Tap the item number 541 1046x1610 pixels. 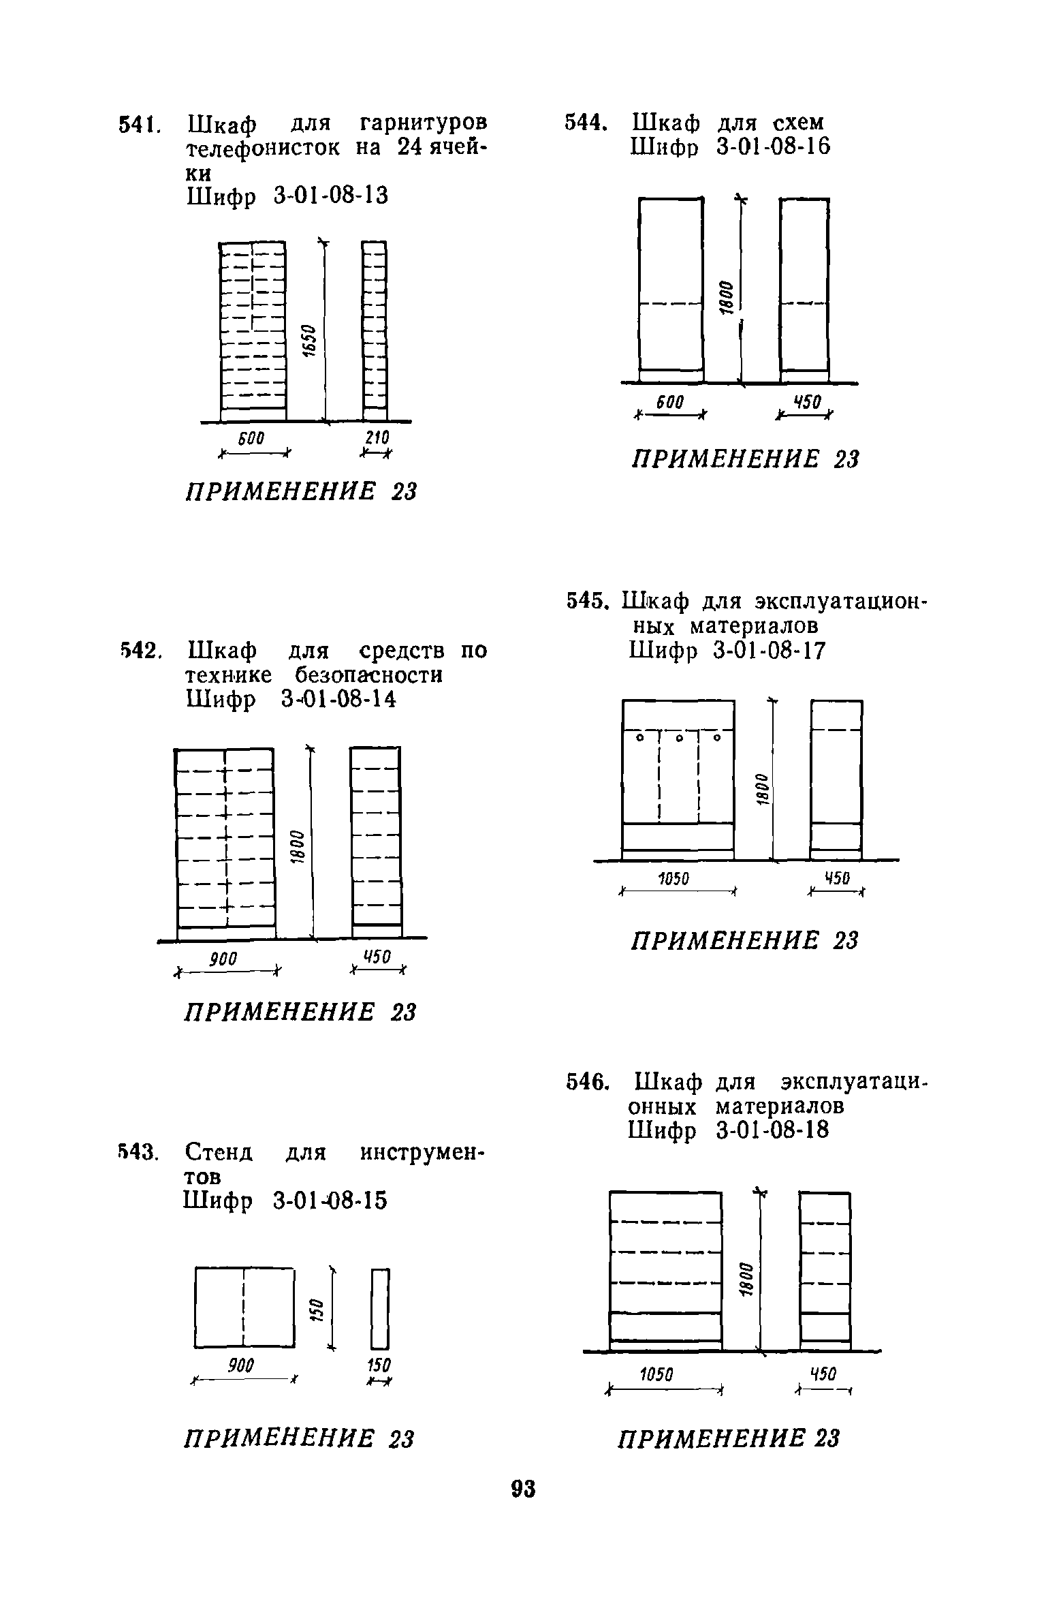pyautogui.click(x=138, y=125)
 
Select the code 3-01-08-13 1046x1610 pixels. pyautogui.click(x=330, y=196)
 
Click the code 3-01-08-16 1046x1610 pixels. pyautogui.click(x=774, y=147)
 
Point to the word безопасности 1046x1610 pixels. pyautogui.click(x=368, y=675)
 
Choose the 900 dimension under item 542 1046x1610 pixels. pyautogui.click(x=223, y=959)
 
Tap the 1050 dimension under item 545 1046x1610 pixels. pyautogui.click(x=673, y=880)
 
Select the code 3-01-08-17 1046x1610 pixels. pyautogui.click(x=769, y=651)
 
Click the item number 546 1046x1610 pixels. pyautogui.click(x=586, y=1082)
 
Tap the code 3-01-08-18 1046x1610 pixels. pyautogui.click(x=773, y=1131)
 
